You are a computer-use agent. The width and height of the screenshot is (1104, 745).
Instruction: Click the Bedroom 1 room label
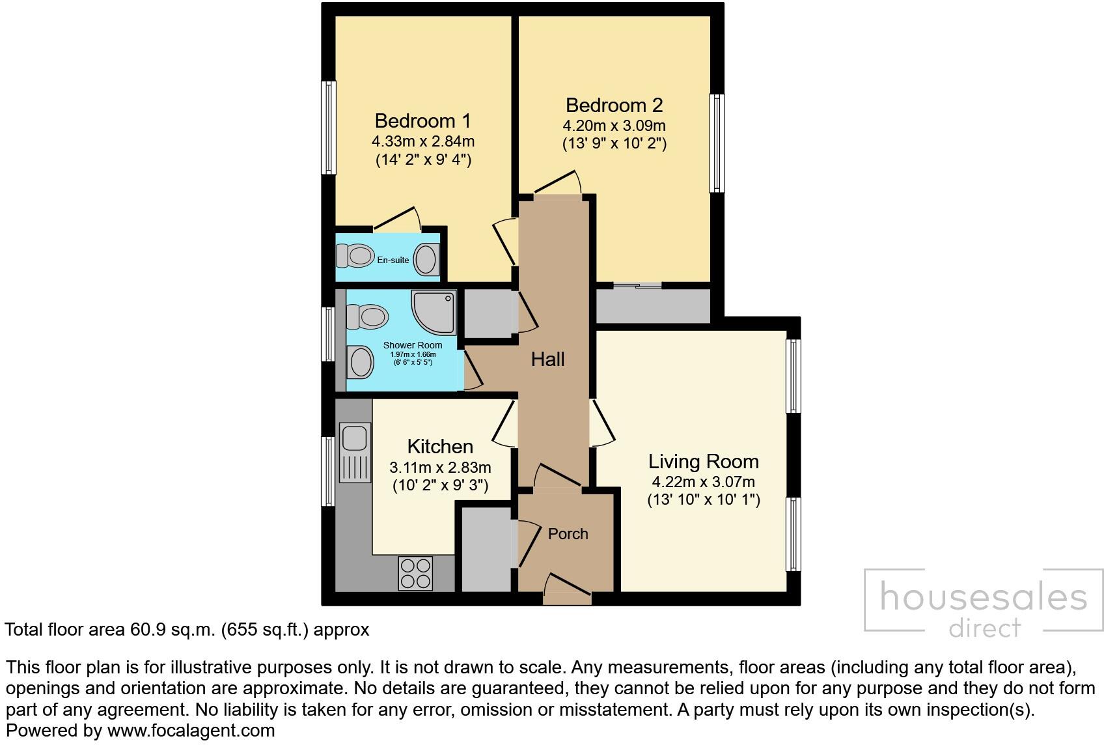coord(422,120)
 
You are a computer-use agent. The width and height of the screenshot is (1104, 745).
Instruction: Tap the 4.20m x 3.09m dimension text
coord(614,126)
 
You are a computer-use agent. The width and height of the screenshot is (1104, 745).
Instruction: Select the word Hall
coord(547,359)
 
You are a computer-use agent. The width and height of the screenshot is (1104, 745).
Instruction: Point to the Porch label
coord(568,534)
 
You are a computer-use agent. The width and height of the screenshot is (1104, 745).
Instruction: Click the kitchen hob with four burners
coord(415,573)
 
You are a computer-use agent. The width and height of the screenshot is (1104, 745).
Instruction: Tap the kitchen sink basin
coord(355,437)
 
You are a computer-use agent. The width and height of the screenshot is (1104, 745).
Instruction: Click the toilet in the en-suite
coord(353,255)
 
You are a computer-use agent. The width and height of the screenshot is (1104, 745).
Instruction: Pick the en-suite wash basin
coord(426,259)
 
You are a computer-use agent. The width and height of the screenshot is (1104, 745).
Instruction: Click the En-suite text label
coord(393,260)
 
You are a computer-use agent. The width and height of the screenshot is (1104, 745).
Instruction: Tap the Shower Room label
coord(412,345)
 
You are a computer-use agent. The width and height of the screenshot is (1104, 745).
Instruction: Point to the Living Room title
coord(703,462)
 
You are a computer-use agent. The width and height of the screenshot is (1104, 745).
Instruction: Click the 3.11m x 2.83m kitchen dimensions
coord(440,468)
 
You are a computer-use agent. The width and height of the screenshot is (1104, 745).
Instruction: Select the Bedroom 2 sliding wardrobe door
coord(637,285)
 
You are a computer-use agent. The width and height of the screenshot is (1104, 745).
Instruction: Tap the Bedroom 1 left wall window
coord(330,128)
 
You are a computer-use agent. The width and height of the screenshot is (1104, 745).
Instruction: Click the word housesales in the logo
coord(983,597)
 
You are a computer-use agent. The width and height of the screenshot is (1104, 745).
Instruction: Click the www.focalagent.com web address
coord(191,731)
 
